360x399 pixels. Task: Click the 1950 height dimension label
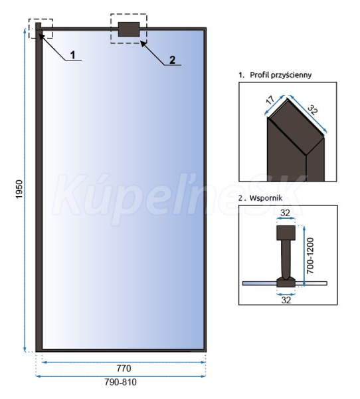click(x=19, y=190)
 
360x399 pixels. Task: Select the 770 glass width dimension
click(x=124, y=368)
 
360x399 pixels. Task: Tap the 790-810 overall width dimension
click(x=120, y=382)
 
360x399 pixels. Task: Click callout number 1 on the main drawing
click(x=73, y=55)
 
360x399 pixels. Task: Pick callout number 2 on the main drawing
click(x=173, y=60)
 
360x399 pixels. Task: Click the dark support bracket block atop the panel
click(x=129, y=29)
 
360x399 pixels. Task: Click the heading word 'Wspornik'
click(x=266, y=198)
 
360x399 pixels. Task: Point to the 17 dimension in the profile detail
click(x=270, y=100)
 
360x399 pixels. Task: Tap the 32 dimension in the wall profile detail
click(x=313, y=110)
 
